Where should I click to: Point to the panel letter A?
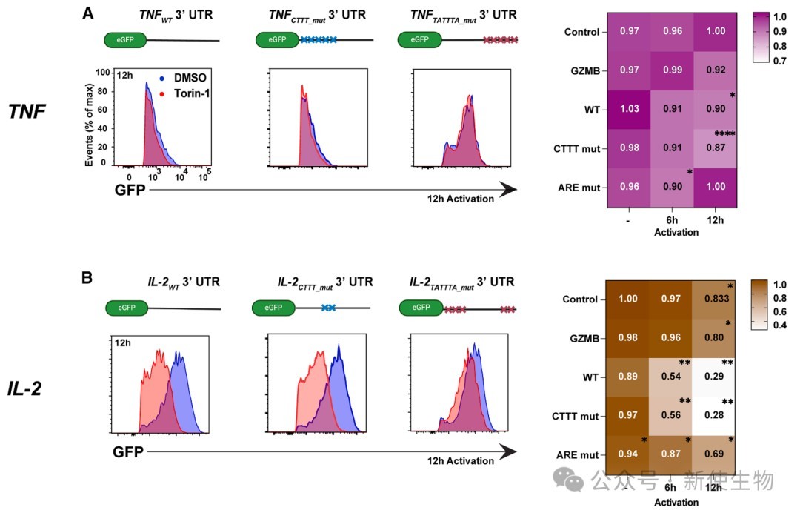click(88, 13)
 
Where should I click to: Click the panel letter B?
click(87, 278)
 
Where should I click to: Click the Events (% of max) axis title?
click(90, 117)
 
